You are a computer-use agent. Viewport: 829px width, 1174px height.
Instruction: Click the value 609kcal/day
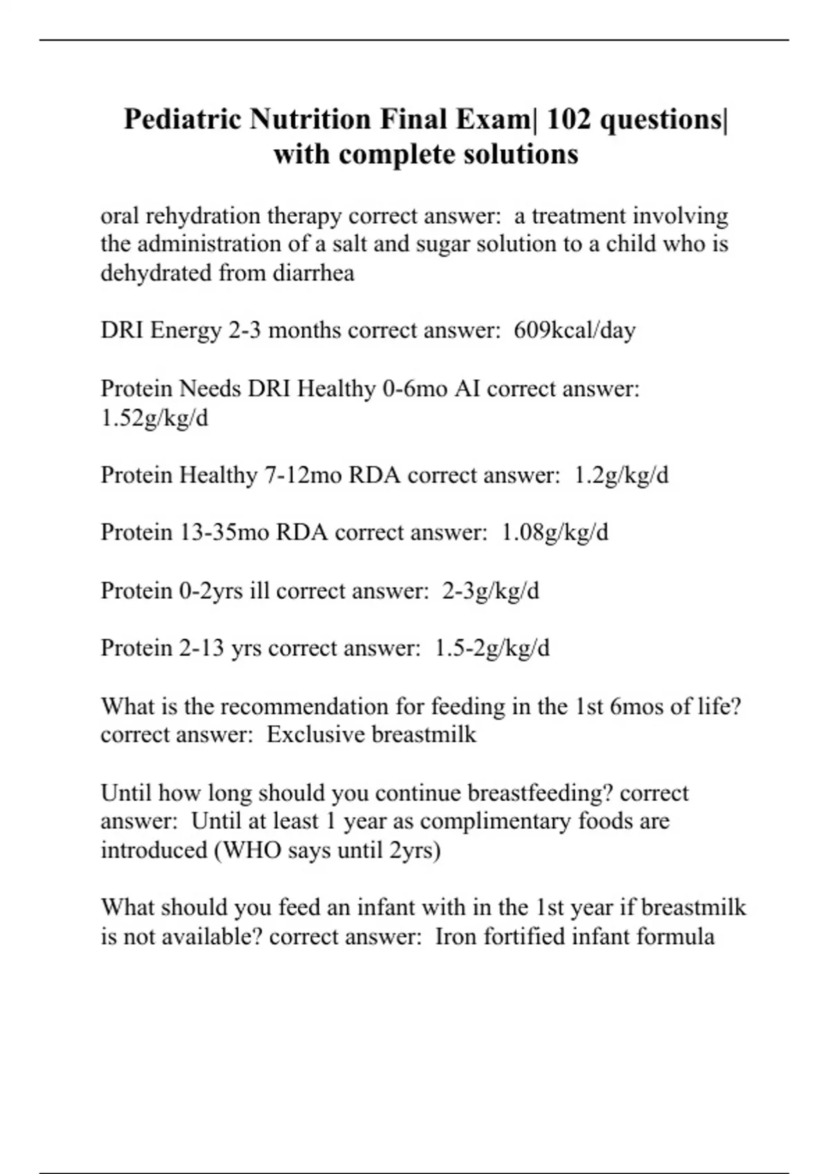(574, 330)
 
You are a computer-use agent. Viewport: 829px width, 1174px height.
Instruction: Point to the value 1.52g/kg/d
(154, 418)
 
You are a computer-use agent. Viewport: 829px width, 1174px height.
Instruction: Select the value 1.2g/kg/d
(621, 475)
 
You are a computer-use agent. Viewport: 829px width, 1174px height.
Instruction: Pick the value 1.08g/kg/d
(555, 532)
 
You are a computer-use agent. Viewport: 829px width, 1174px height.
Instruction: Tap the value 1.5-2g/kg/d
(493, 648)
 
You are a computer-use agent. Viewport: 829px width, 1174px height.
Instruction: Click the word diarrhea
(314, 273)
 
